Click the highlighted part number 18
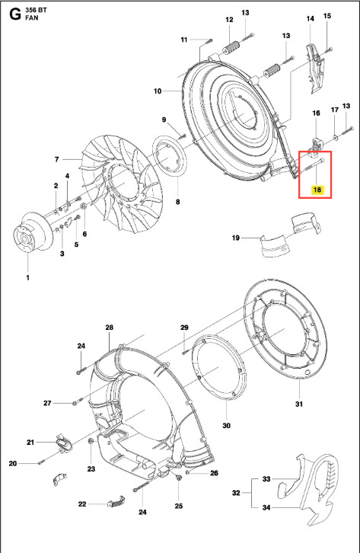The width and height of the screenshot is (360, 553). click(x=317, y=190)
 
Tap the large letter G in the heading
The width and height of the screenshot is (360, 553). click(x=15, y=14)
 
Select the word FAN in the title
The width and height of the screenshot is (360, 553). click(x=32, y=18)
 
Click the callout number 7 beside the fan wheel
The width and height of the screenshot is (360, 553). click(x=57, y=159)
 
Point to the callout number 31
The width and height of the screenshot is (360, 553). click(x=298, y=404)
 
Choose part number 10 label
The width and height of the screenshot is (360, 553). click(x=158, y=91)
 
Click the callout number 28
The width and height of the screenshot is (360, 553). click(x=109, y=328)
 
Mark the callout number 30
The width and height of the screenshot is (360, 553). click(x=227, y=425)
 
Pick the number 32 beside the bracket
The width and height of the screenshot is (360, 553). click(x=237, y=493)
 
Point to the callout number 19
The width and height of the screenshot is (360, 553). click(x=236, y=238)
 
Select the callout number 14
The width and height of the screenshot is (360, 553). click(x=310, y=18)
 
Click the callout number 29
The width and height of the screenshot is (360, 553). click(x=185, y=328)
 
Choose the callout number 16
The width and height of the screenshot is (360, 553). click(x=316, y=113)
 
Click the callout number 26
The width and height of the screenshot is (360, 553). click(x=214, y=473)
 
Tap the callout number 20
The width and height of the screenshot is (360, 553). click(x=13, y=463)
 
